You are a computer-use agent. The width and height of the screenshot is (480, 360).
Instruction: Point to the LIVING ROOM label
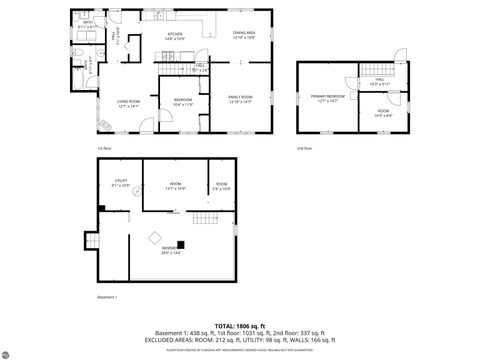127,103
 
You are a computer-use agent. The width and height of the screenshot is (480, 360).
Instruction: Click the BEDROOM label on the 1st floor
183,102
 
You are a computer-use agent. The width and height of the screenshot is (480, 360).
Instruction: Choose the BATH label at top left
88,24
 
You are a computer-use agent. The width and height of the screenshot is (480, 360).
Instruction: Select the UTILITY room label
121,183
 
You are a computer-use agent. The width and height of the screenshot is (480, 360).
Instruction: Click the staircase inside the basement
204,219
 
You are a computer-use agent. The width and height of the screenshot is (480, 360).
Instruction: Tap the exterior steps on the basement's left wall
91,241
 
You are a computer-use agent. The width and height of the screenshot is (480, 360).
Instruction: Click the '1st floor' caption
104,148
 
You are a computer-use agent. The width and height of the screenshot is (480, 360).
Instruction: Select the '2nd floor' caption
303,148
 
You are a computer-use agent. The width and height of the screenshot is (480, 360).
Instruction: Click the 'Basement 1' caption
107,297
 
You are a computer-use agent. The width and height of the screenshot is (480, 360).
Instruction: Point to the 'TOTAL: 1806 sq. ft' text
240,325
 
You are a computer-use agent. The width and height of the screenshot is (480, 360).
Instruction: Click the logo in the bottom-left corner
10,349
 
